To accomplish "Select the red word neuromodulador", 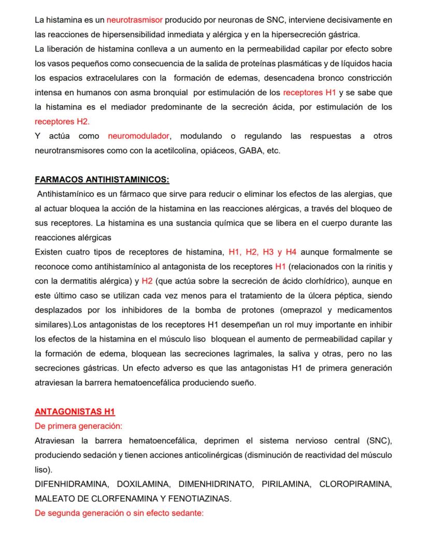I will tap(138, 136).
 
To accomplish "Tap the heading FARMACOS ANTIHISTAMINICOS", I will tap(102, 180).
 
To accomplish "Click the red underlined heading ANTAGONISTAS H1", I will tap(75, 411).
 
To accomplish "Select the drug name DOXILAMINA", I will tap(144, 484).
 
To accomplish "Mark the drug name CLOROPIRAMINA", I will tap(356, 484).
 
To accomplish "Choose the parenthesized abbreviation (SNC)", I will tap(381, 440).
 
